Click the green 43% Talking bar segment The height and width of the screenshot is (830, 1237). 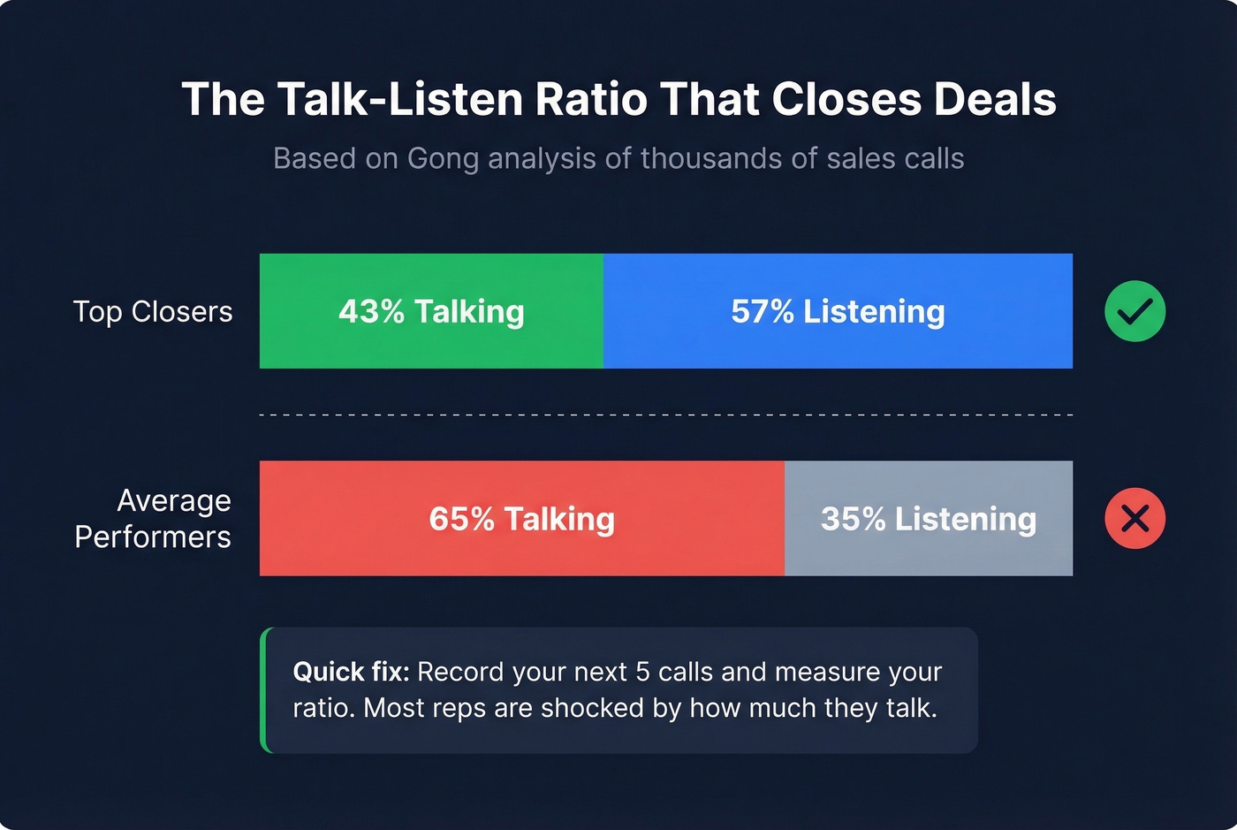click(x=431, y=311)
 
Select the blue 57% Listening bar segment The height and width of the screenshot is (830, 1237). click(x=838, y=311)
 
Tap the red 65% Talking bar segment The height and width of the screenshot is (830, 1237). click(x=521, y=519)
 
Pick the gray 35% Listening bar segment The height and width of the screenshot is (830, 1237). click(x=928, y=519)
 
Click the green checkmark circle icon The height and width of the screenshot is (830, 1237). click(x=1135, y=311)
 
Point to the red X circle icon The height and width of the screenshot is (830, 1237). click(x=1135, y=519)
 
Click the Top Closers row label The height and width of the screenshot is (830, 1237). click(x=153, y=312)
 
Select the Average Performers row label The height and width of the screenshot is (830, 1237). click(x=153, y=519)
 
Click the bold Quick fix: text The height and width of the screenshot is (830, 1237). click(x=351, y=672)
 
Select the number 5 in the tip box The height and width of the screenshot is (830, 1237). click(x=642, y=672)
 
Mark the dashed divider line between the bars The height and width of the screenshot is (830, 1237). click(x=666, y=415)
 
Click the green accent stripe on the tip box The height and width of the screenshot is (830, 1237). click(x=264, y=690)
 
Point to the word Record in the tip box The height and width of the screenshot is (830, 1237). click(x=460, y=672)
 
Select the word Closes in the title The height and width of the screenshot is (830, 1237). click(x=846, y=99)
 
